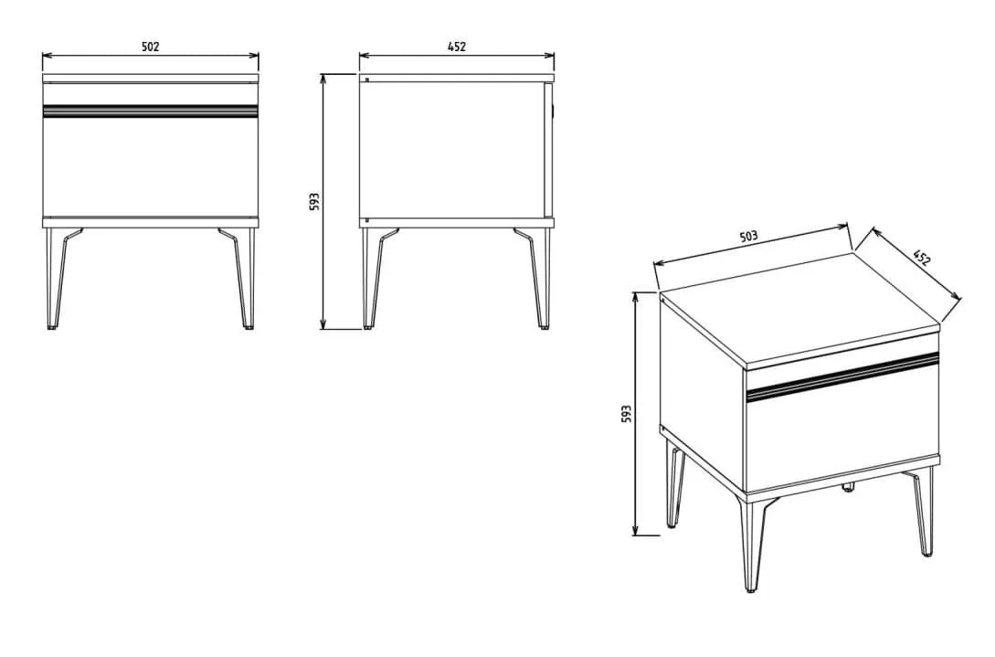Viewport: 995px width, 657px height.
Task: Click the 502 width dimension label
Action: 151,47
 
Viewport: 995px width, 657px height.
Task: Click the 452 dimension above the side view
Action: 457,47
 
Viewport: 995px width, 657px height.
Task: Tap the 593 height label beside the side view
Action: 314,202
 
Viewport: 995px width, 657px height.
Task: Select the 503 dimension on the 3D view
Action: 749,237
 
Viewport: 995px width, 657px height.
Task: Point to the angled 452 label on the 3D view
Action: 922,257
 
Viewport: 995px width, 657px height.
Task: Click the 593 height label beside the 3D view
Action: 626,414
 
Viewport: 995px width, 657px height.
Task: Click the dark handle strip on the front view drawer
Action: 151,111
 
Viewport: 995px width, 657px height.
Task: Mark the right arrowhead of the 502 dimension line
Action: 255,55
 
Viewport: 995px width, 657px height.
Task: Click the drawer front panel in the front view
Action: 151,166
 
